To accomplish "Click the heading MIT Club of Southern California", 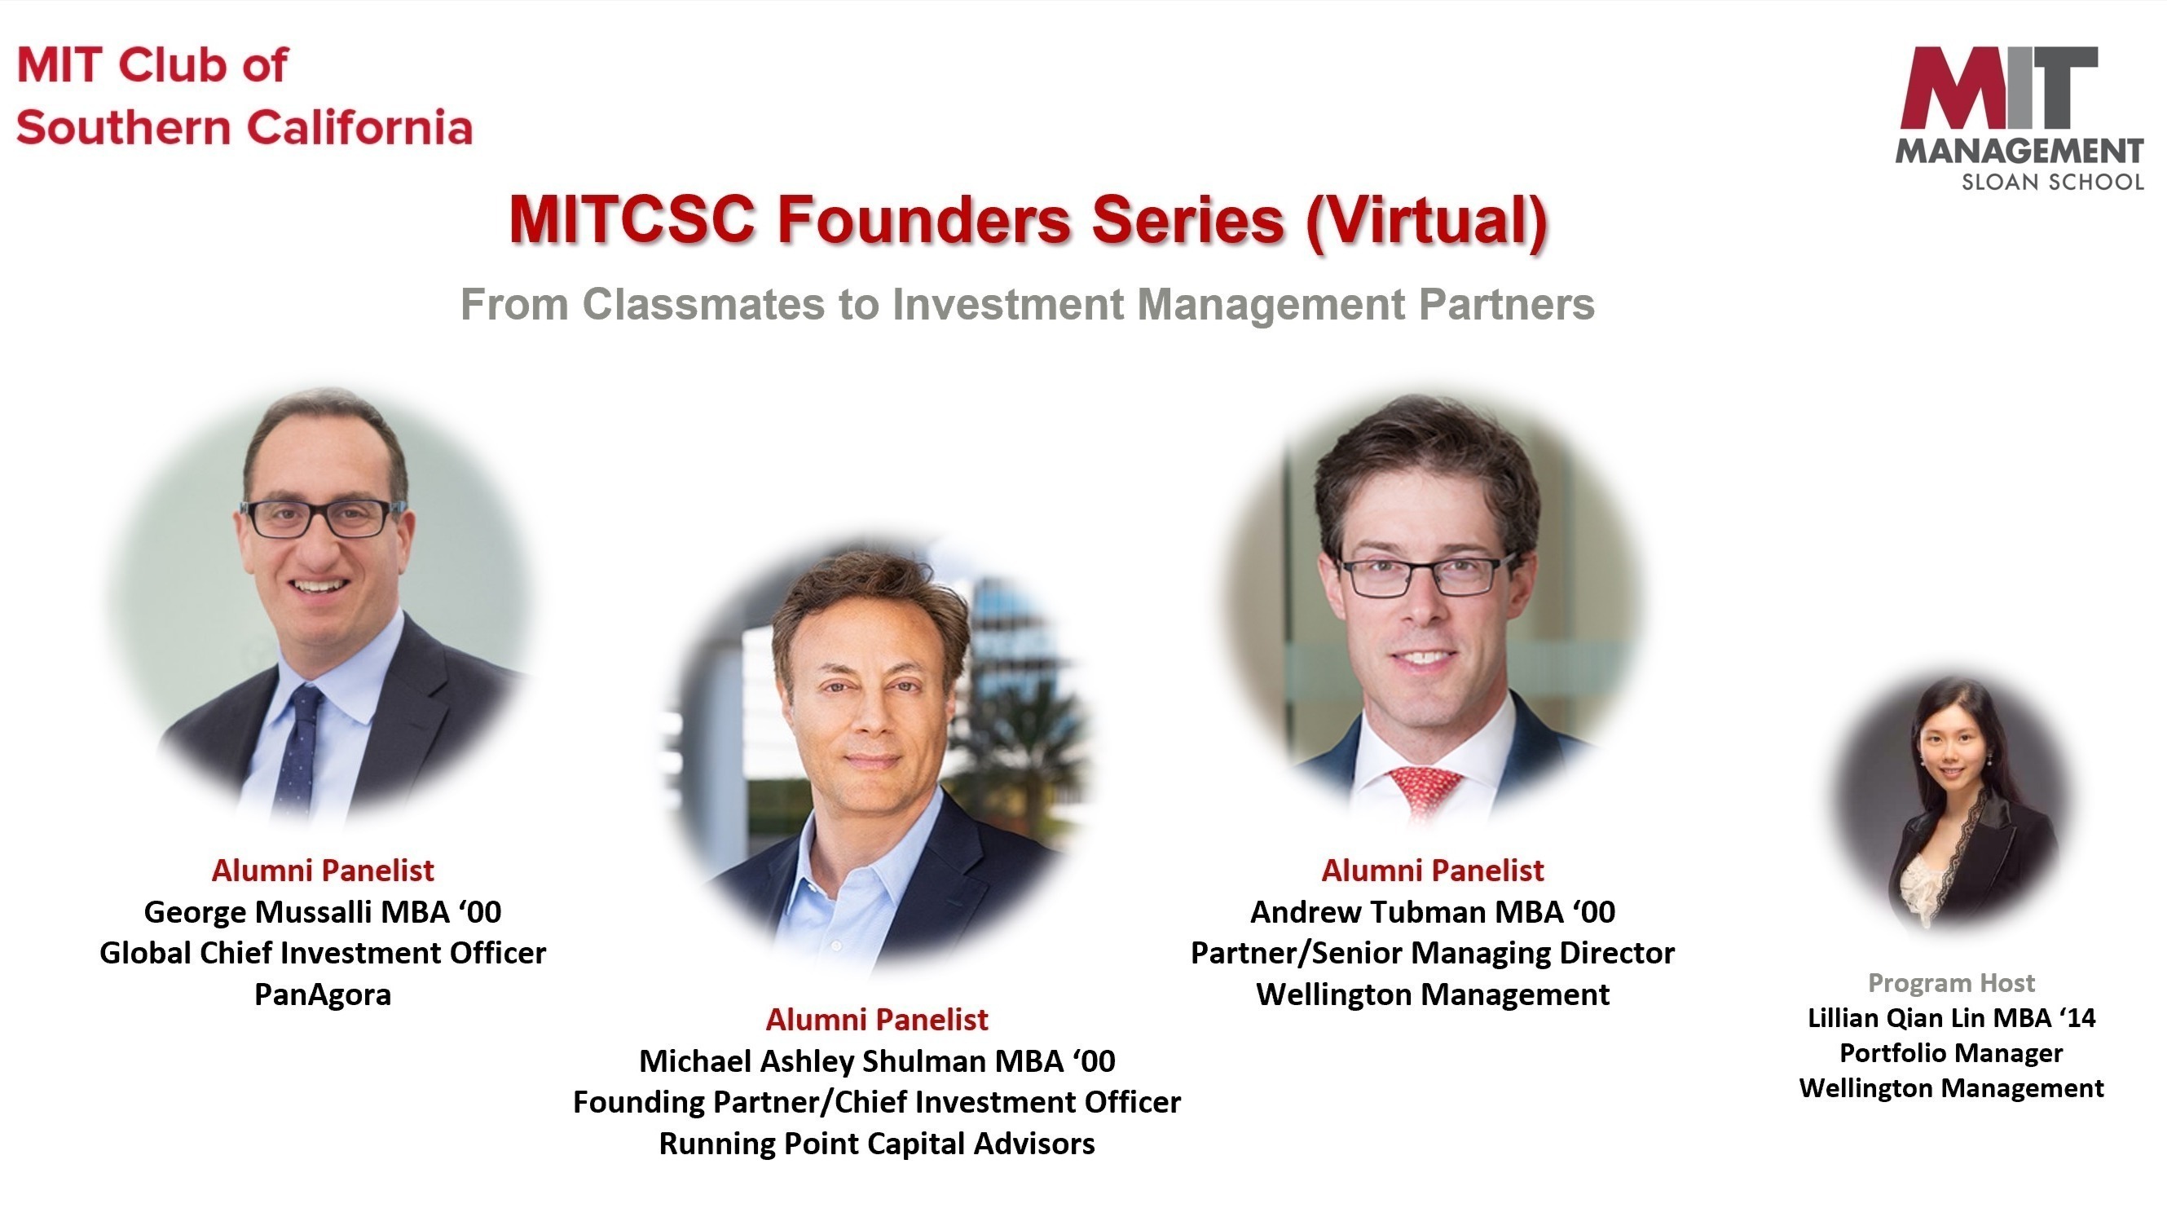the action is (244, 96).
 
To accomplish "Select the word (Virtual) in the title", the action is (1427, 223).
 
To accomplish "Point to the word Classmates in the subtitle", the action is (703, 304).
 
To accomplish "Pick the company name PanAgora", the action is (323, 994).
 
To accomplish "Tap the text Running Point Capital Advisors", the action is (877, 1144).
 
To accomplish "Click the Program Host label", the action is (1952, 982).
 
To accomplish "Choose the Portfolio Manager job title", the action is (1952, 1052).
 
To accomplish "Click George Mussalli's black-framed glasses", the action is (324, 518).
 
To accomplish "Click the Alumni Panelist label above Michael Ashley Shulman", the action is (877, 1020).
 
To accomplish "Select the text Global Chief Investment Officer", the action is (323, 953).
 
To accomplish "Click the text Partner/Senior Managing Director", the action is (1432, 953).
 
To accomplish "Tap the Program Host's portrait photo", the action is (1953, 803).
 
